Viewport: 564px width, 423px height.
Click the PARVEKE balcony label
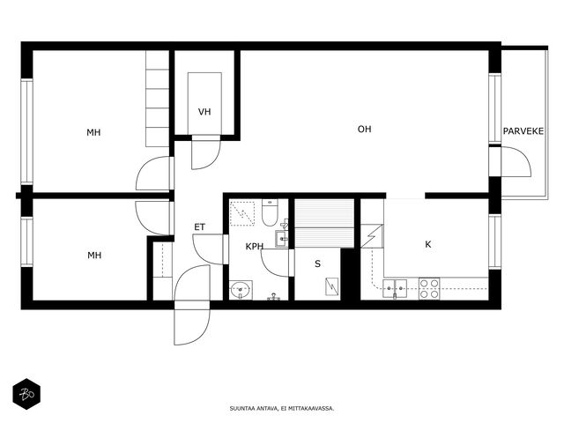pyautogui.click(x=523, y=131)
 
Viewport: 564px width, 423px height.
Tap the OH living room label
pyautogui.click(x=364, y=130)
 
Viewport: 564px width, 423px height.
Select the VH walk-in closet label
pyautogui.click(x=204, y=112)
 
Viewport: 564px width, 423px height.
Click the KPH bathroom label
pyautogui.click(x=255, y=247)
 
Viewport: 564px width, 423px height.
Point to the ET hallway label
pyautogui.click(x=200, y=227)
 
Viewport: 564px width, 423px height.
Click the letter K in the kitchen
pyautogui.click(x=428, y=245)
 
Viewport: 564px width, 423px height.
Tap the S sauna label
pyautogui.click(x=317, y=264)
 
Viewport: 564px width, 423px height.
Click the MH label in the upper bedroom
pyautogui.click(x=93, y=132)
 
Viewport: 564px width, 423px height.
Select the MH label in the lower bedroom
pyautogui.click(x=94, y=256)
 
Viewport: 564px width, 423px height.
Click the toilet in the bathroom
pyautogui.click(x=270, y=212)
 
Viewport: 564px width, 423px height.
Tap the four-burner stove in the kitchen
pyautogui.click(x=429, y=288)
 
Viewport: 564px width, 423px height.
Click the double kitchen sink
pyautogui.click(x=395, y=289)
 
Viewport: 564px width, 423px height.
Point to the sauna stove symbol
pyautogui.click(x=332, y=287)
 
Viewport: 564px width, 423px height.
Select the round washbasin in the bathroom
pyautogui.click(x=241, y=290)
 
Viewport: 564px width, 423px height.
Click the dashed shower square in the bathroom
pyautogui.click(x=242, y=213)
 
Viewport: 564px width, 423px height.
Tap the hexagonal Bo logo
pyautogui.click(x=26, y=394)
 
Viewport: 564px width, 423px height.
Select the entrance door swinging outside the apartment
pyautogui.click(x=191, y=325)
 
